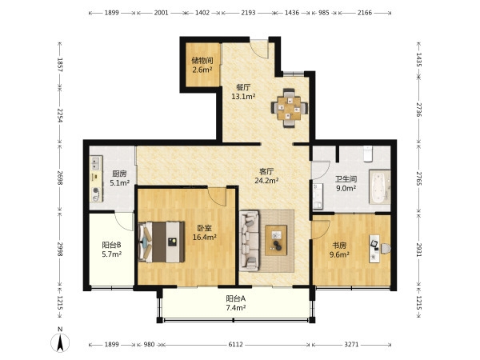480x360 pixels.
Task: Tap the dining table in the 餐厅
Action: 289,108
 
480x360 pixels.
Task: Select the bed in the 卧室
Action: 162,242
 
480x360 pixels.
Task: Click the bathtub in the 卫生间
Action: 379,186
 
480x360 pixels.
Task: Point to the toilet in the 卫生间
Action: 367,154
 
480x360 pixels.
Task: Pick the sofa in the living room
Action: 249,241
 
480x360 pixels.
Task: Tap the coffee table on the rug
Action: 276,240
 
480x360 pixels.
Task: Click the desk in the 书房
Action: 374,249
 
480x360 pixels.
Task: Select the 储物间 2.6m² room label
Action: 202,66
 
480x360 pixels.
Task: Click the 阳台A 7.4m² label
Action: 236,303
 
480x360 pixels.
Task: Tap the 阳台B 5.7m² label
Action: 112,250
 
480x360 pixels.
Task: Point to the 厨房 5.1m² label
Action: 119,178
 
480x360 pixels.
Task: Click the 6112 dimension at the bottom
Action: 236,345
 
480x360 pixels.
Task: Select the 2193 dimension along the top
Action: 248,13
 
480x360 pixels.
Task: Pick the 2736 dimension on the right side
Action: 418,110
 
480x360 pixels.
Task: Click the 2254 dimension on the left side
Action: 60,116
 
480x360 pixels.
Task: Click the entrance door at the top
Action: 259,48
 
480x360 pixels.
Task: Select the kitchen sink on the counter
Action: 97,162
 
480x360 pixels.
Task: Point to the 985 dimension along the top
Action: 324,13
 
